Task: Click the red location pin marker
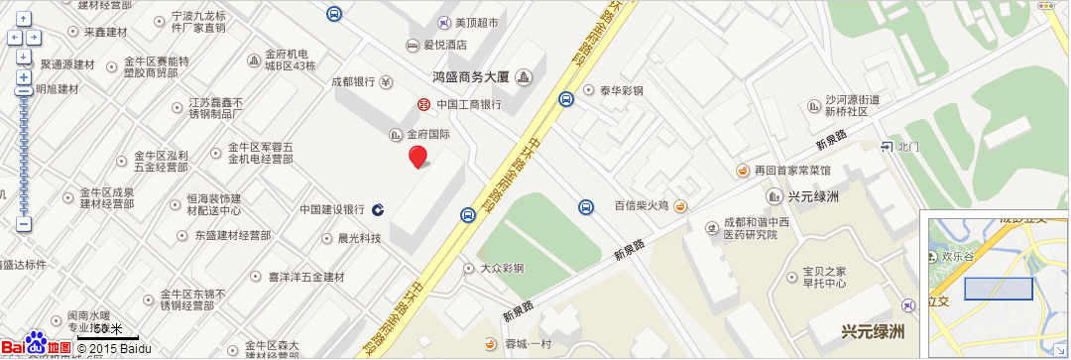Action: coord(418,157)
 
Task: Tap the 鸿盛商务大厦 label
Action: coord(471,76)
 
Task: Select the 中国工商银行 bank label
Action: coord(469,104)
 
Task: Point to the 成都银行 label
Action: coord(353,81)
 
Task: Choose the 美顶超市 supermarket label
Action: coord(476,22)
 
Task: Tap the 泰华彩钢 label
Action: coord(621,90)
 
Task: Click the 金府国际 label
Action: coord(428,134)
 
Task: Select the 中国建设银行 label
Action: coord(333,209)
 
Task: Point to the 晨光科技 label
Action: coord(359,238)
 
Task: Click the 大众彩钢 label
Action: coord(502,268)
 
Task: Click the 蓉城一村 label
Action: coord(527,344)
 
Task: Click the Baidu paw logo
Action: coord(37,343)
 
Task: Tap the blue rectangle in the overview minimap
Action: coord(999,289)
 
